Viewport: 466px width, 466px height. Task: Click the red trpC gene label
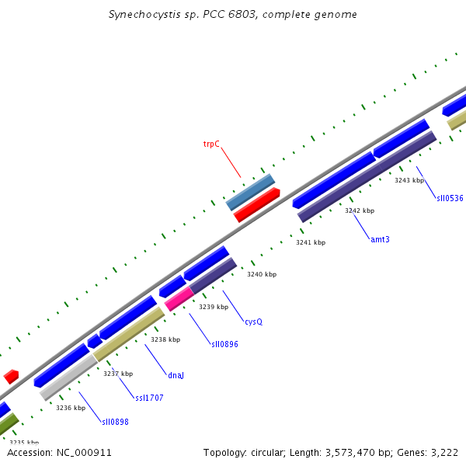pos(211,144)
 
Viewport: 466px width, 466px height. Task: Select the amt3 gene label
pos(380,238)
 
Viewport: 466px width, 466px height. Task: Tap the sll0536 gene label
pos(450,198)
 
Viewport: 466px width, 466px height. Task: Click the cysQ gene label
pos(253,321)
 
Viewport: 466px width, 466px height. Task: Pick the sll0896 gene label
pos(224,343)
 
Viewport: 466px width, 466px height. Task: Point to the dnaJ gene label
pos(176,375)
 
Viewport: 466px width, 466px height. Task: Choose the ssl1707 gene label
pos(149,398)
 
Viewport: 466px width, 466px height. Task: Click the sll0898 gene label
pos(115,422)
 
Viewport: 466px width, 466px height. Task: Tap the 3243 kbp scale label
pos(409,180)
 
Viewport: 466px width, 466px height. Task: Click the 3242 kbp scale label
pos(360,210)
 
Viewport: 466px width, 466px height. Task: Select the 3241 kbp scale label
pos(311,242)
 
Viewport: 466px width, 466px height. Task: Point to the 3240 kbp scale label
pos(262,274)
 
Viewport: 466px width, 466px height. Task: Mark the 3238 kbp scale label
pos(165,339)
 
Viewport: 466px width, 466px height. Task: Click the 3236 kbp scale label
pos(71,407)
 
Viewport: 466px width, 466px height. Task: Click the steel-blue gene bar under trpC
pos(250,192)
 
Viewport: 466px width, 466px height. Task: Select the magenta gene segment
pos(179,298)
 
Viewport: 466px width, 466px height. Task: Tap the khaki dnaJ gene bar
pos(129,333)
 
